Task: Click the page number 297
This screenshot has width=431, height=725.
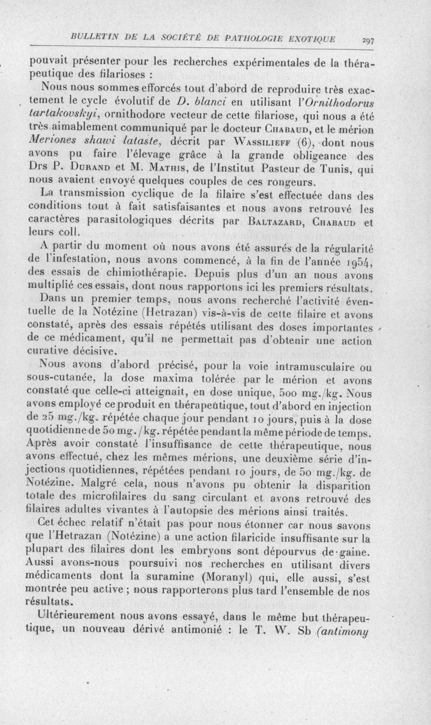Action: (368, 39)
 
